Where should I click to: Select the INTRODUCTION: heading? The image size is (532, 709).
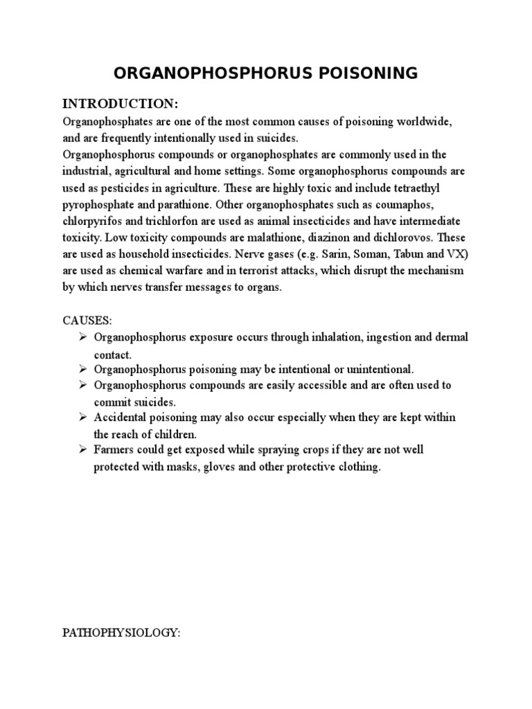[121, 105]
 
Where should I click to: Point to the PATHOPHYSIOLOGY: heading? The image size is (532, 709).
[121, 633]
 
